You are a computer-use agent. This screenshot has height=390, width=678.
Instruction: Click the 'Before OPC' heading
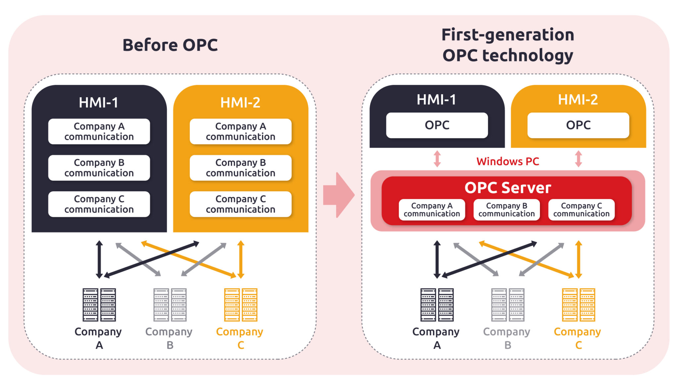tap(170, 45)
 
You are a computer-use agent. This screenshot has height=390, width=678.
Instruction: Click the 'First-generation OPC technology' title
tap(508, 45)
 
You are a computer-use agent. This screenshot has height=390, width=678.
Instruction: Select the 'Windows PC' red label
tap(508, 161)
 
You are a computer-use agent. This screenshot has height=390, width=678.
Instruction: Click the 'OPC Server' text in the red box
tap(508, 188)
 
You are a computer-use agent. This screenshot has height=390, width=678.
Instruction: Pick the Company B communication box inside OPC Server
tap(507, 210)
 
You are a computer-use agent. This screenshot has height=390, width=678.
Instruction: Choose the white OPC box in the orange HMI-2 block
tap(578, 125)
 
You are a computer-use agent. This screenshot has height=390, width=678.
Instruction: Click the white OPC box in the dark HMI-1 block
tap(437, 125)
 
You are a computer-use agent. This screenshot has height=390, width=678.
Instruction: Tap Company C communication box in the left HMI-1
tap(99, 204)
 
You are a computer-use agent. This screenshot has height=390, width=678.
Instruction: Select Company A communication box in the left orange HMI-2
tap(240, 131)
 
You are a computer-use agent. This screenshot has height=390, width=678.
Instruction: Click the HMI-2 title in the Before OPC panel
tap(240, 103)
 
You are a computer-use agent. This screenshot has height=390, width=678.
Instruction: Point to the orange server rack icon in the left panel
tap(241, 305)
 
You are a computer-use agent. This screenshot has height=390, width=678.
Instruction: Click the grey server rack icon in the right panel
tap(508, 305)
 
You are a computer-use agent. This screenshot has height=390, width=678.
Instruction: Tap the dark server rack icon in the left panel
tap(99, 305)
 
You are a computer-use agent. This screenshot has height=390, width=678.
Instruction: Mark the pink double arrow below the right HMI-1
tap(437, 159)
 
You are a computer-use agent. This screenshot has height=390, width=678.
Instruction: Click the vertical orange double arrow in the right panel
tap(578, 259)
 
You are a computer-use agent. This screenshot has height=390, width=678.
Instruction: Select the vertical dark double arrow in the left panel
tap(99, 259)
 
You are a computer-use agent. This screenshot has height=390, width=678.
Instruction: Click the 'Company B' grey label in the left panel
tap(169, 338)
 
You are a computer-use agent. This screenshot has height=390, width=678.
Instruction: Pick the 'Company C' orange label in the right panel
tap(577, 338)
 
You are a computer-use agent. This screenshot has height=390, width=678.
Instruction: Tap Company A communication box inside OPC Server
tap(432, 210)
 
